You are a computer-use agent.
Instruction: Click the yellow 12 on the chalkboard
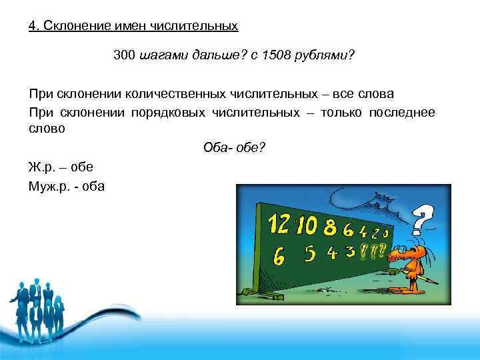click(x=279, y=223)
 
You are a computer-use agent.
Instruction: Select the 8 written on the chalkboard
click(x=329, y=229)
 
